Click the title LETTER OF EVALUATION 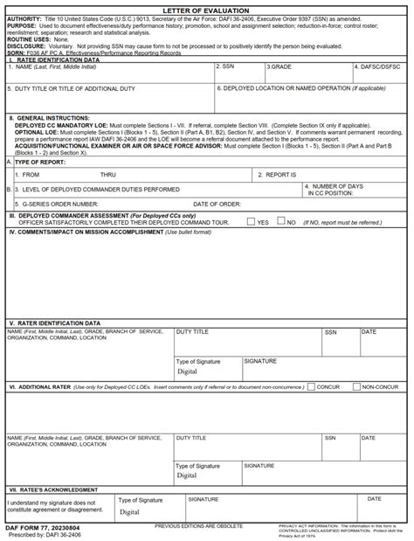(x=206, y=10)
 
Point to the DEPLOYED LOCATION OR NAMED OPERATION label (x=289, y=88)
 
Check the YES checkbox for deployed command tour (x=251, y=222)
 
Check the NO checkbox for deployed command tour (x=280, y=222)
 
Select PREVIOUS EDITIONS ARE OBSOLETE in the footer (x=198, y=526)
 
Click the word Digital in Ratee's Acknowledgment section (x=129, y=512)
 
